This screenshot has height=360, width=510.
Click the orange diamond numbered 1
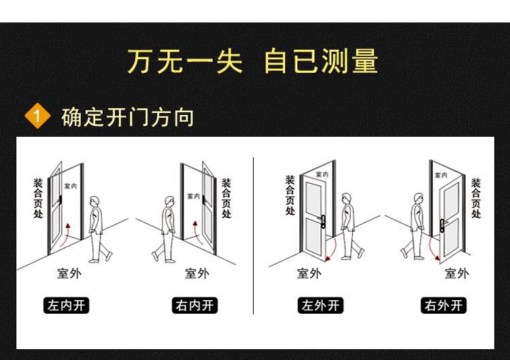(x=37, y=116)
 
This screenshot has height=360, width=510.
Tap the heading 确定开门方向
(x=128, y=116)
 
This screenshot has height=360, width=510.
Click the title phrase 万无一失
(x=184, y=62)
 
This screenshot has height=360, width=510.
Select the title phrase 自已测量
(x=320, y=62)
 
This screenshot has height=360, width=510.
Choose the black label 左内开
(x=66, y=305)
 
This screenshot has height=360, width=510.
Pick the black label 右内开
(x=195, y=305)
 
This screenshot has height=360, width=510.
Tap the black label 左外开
(x=320, y=305)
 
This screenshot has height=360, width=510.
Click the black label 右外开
(x=443, y=305)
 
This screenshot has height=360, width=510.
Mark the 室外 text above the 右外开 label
(x=456, y=274)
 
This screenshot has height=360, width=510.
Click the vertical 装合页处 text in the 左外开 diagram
(x=290, y=195)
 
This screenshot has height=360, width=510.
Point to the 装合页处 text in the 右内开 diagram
(x=226, y=198)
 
